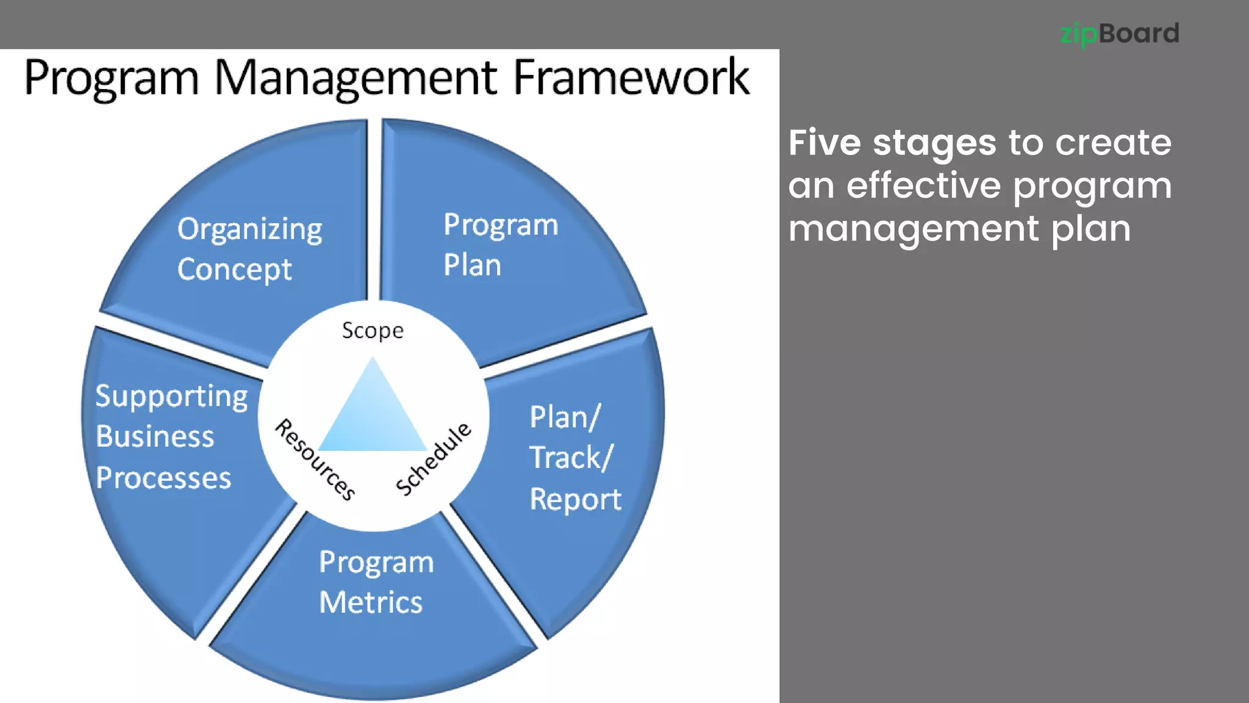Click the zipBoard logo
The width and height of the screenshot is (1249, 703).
(1119, 34)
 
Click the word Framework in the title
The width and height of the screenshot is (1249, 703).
(631, 78)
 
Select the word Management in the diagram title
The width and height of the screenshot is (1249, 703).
(356, 79)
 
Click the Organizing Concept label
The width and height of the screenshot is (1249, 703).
(249, 249)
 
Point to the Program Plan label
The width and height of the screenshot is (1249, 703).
(500, 245)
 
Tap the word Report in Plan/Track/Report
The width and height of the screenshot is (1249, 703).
(575, 499)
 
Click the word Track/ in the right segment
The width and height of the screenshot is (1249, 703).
(571, 458)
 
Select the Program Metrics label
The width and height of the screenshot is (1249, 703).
(376, 582)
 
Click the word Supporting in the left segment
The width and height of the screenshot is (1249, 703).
(171, 397)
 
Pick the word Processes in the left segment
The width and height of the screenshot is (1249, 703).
(163, 478)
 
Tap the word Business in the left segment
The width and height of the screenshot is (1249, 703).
(155, 437)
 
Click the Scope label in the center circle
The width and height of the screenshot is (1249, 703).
(373, 331)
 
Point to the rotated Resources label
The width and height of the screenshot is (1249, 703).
(315, 460)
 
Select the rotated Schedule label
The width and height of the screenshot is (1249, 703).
(434, 458)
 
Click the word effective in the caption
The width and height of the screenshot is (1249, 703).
(923, 186)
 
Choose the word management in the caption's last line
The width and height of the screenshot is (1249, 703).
(914, 229)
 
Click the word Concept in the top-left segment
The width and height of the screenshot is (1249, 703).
(235, 270)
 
